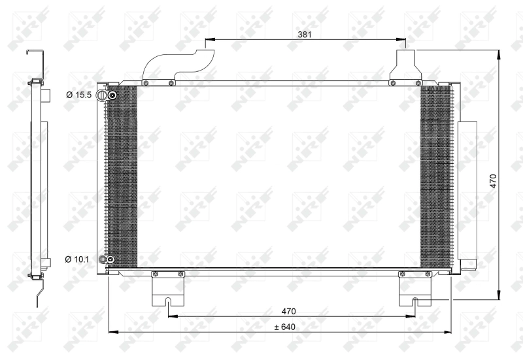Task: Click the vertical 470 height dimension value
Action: [x=494, y=180]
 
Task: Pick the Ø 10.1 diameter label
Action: [x=78, y=260]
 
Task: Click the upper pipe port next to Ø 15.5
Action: [x=112, y=96]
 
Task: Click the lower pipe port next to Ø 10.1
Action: [x=110, y=261]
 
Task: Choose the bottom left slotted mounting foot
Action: [x=169, y=291]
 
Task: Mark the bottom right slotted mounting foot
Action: [x=416, y=291]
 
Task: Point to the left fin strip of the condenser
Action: [x=122, y=176]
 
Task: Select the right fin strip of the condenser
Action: [x=435, y=176]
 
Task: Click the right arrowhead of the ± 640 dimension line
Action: [x=449, y=332]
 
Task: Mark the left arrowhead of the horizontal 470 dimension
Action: [x=171, y=318]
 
